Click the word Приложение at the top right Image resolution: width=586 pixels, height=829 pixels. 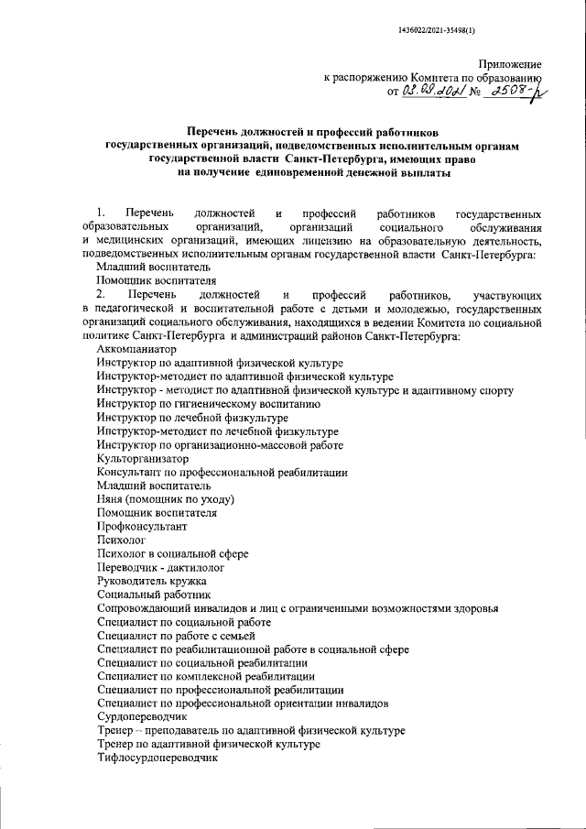click(x=510, y=65)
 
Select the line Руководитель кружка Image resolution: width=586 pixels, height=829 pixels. click(x=151, y=582)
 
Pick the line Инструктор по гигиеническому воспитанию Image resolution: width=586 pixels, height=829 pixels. click(x=208, y=404)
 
